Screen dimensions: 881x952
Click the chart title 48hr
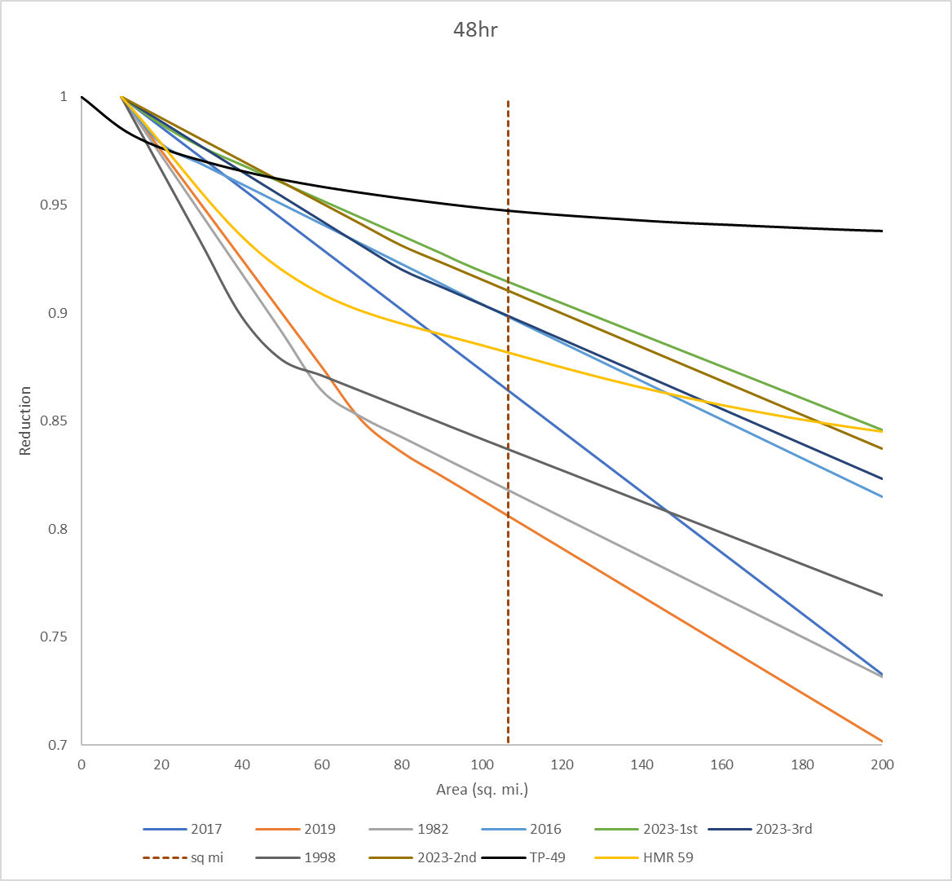tap(475, 30)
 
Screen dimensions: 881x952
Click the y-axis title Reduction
tap(25, 421)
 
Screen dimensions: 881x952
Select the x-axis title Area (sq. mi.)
tap(482, 789)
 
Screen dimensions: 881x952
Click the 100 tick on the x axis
tap(482, 765)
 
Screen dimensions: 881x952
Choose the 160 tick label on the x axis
tap(722, 765)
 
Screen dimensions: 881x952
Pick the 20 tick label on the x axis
tap(161, 765)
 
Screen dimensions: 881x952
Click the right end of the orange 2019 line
tap(883, 742)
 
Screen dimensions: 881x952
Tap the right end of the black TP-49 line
tap(883, 231)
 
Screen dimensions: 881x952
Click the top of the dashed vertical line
tap(508, 102)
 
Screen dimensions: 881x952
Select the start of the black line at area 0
tap(82, 97)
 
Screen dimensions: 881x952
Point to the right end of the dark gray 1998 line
tap(883, 595)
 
